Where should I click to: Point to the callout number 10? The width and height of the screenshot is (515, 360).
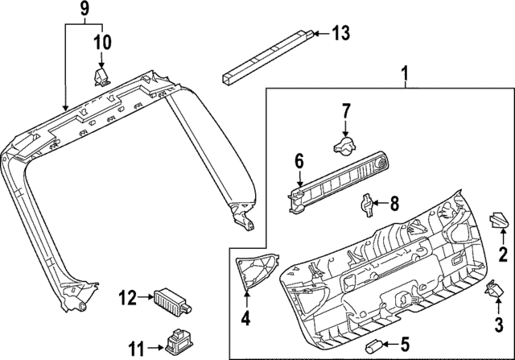(104, 41)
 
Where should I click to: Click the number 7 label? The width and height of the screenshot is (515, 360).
(346, 110)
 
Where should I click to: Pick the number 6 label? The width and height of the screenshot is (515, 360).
(299, 163)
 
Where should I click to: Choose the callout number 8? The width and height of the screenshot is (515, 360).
(393, 205)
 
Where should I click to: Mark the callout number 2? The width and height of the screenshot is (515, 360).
(503, 256)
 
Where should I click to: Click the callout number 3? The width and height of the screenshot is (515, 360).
(498, 326)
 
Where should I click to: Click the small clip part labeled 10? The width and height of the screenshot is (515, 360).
(101, 76)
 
